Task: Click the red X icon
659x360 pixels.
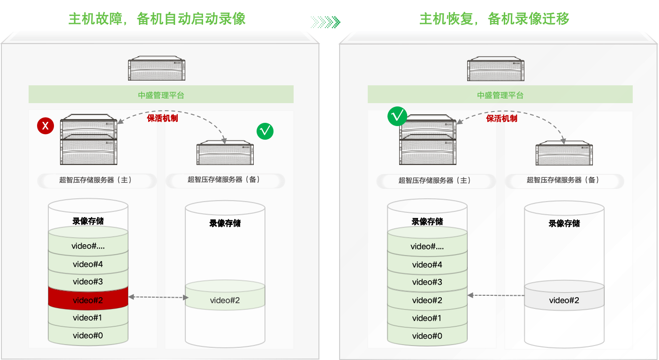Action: pos(45,126)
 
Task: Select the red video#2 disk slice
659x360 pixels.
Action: pos(88,300)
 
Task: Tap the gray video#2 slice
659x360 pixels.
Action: pos(564,300)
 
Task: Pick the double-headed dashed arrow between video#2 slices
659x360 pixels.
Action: pos(158,297)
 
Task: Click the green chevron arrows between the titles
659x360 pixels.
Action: pos(326,22)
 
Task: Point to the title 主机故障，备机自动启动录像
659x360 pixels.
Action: pos(157,19)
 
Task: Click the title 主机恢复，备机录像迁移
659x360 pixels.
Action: pos(494,19)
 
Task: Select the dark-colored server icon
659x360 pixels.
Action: pos(496,68)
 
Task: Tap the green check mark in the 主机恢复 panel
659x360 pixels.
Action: pos(397,116)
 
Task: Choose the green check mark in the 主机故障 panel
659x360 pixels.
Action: pos(265,131)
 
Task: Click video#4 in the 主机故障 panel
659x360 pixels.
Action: pos(88,264)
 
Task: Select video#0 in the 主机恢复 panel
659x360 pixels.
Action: pos(427,336)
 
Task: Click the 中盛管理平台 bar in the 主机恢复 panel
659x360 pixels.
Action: pos(500,95)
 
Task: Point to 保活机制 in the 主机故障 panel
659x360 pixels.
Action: pos(162,118)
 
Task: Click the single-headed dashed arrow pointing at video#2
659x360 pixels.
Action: pos(496,295)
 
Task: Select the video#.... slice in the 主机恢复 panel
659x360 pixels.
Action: pos(427,246)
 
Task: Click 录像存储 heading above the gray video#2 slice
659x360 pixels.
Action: pos(564,224)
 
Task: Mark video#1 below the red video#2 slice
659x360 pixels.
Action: pos(88,318)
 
